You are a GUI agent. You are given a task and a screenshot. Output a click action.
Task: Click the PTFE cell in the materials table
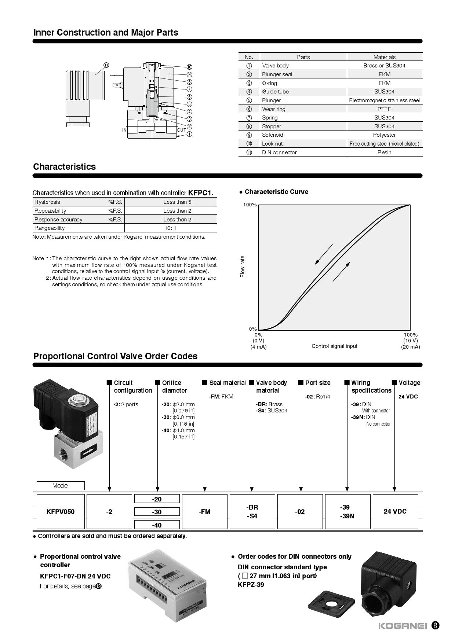(384, 109)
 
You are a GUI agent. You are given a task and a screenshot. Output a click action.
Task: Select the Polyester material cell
(384, 135)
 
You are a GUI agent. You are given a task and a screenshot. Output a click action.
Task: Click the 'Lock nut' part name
(272, 144)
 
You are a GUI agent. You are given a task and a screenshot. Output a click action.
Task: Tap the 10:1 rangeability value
(170, 228)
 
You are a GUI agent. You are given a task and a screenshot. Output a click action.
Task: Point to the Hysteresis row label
(47, 202)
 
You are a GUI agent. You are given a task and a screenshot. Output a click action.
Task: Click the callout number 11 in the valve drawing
(106, 65)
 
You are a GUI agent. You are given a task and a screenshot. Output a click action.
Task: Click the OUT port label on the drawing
(181, 130)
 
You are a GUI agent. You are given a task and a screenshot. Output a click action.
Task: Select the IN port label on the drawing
(124, 130)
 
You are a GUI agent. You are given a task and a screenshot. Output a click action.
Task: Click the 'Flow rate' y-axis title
(242, 267)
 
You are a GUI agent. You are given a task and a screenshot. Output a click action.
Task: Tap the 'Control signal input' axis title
(334, 346)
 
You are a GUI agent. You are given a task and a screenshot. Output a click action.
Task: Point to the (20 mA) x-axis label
(410, 347)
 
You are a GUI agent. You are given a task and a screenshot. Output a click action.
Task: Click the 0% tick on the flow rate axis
(253, 329)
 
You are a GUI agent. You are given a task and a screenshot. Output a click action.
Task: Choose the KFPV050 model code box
(61, 511)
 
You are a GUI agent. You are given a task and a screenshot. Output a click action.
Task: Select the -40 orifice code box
(157, 525)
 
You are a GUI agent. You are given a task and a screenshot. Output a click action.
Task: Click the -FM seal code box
(204, 511)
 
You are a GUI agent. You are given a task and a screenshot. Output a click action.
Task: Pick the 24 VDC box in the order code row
(395, 511)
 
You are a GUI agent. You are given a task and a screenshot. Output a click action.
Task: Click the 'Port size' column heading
(318, 383)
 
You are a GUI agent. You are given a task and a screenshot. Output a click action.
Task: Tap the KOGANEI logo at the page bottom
(403, 626)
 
